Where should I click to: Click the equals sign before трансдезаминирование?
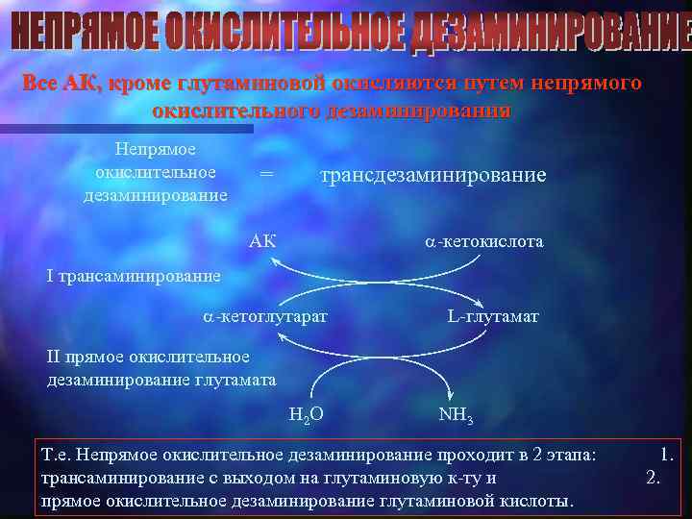[x=266, y=175]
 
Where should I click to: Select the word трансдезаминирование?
[x=432, y=175]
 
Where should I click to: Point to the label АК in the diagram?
[x=261, y=241]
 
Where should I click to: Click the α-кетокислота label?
[x=484, y=241]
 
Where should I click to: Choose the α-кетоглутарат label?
[x=265, y=315]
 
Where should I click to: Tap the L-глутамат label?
[x=493, y=315]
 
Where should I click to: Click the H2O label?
[x=305, y=414]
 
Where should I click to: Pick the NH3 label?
[x=455, y=414]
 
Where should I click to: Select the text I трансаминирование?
[x=134, y=276]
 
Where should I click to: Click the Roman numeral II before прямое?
[x=54, y=358]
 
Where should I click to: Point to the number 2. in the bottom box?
[x=654, y=477]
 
